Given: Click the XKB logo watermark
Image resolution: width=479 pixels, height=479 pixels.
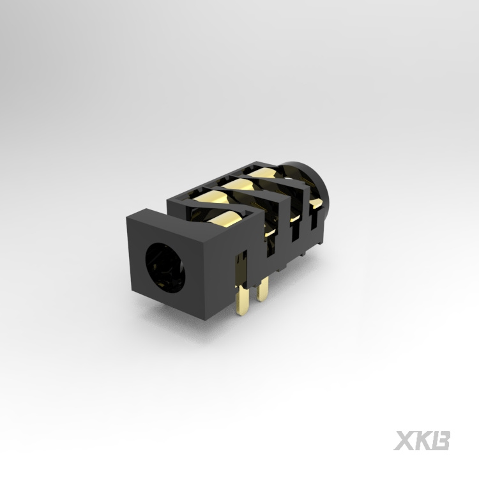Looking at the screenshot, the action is (x=422, y=441).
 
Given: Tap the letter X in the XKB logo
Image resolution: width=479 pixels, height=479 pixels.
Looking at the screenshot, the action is (x=404, y=441).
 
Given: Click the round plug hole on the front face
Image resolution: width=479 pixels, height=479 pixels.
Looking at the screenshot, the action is (x=165, y=268).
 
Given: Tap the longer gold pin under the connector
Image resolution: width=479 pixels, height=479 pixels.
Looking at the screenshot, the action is (x=243, y=300).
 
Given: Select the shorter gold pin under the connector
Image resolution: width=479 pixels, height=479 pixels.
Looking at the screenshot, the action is (x=262, y=289).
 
